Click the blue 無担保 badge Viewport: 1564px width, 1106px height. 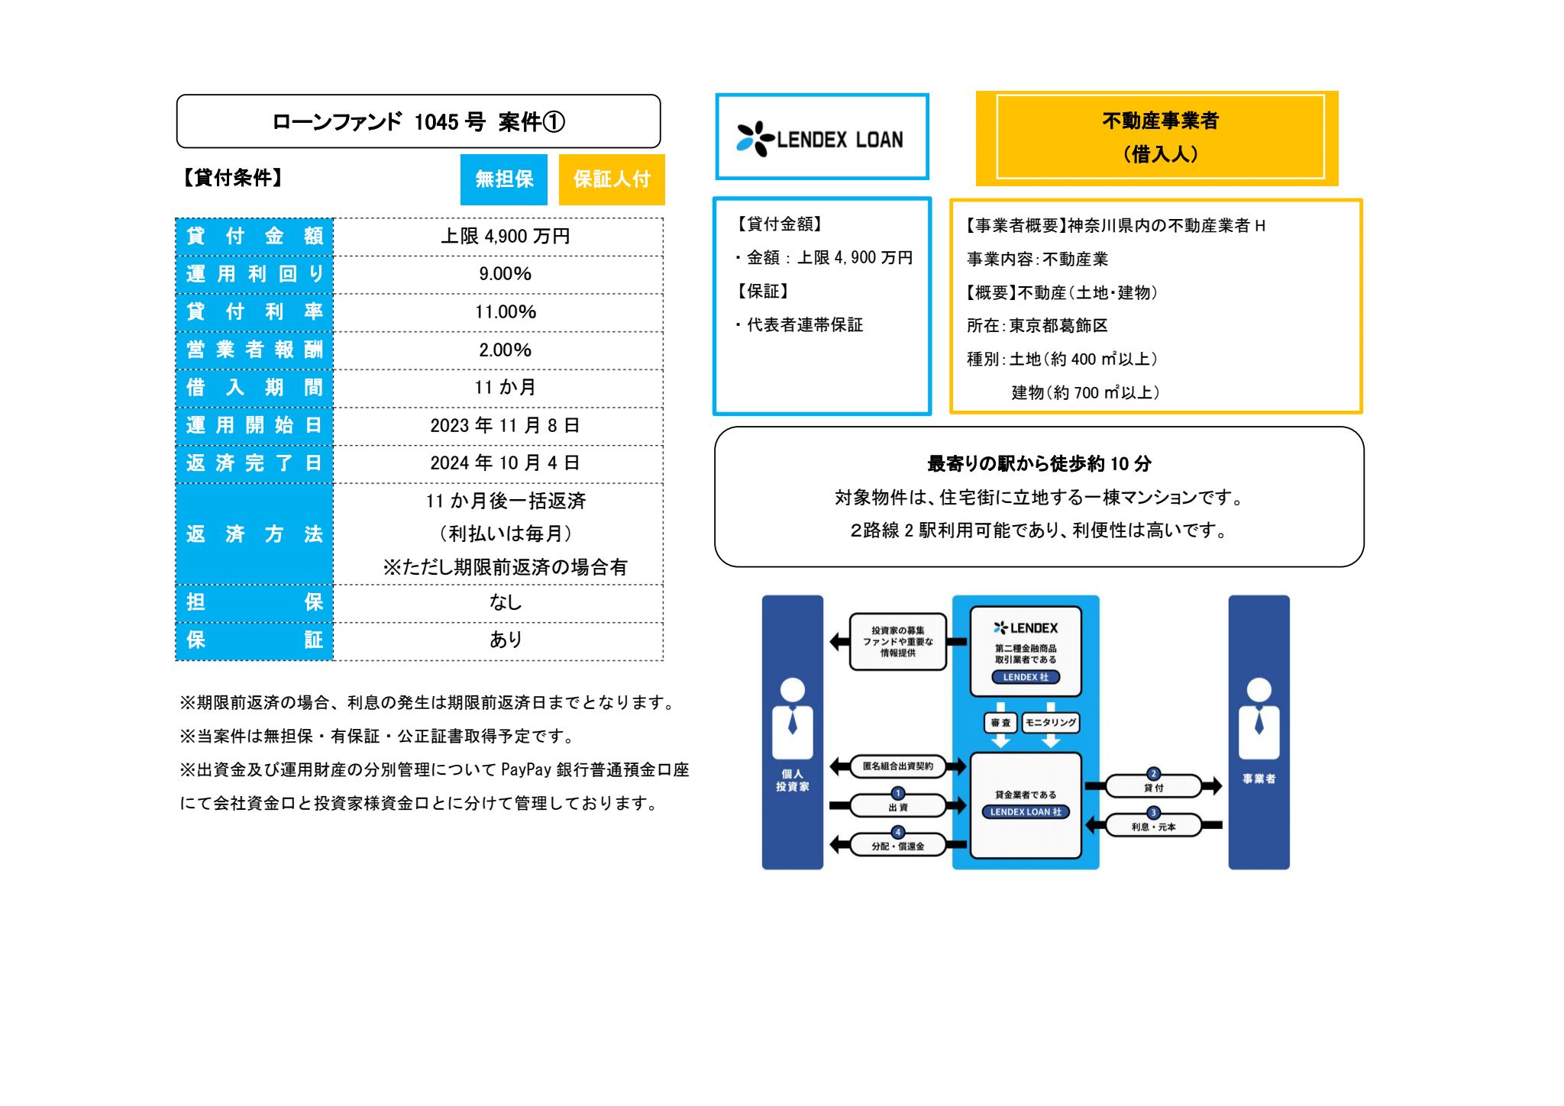(x=503, y=179)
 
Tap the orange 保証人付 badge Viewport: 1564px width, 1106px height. (x=612, y=179)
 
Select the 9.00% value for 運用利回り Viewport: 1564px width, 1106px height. (x=505, y=274)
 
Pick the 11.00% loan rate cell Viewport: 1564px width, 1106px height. (x=505, y=312)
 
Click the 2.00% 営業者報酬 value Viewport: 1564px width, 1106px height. (x=505, y=350)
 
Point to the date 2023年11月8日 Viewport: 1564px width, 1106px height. (x=505, y=426)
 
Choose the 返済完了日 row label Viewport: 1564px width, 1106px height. (x=254, y=463)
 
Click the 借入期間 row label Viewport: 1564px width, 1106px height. (x=254, y=388)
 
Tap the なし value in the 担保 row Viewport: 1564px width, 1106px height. (x=505, y=603)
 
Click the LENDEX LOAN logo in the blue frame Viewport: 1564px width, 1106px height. (x=821, y=139)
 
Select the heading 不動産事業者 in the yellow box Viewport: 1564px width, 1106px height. (x=1160, y=121)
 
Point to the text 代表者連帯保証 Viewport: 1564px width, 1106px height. (x=804, y=325)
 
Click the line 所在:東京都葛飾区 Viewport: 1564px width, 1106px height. (x=1036, y=326)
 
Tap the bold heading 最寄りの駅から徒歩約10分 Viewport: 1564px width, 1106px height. (x=1039, y=464)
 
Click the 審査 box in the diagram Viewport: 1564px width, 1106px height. (x=1000, y=722)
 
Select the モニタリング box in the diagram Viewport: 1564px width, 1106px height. (x=1051, y=722)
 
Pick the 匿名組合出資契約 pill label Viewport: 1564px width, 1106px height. (x=897, y=766)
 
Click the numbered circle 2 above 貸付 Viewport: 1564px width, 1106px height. (x=1154, y=774)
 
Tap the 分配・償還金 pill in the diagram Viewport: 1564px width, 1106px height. (x=897, y=846)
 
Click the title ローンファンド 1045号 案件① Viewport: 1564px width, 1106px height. (x=418, y=122)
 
